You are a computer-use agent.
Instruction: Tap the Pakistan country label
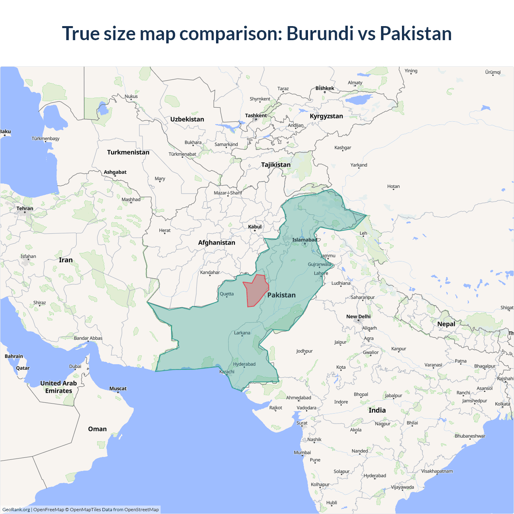(281, 295)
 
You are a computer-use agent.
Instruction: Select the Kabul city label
(255, 227)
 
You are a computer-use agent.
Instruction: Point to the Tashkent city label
(256, 116)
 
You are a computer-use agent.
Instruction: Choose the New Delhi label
(358, 316)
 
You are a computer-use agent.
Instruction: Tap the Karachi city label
(227, 372)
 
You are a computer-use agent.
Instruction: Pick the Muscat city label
(118, 389)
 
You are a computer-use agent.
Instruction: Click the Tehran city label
(25, 208)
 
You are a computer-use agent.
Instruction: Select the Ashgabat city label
(115, 172)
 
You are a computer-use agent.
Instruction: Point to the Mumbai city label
(302, 453)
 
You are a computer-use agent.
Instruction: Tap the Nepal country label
(446, 324)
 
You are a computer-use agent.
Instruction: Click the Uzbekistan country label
(187, 119)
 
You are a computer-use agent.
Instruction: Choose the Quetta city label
(226, 294)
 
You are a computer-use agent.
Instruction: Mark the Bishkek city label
(324, 88)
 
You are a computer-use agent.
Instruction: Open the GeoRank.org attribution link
(16, 510)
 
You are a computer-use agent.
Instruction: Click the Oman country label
(97, 429)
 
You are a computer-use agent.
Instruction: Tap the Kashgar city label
(343, 148)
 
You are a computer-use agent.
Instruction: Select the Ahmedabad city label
(298, 398)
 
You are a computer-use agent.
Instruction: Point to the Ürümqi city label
(493, 72)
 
